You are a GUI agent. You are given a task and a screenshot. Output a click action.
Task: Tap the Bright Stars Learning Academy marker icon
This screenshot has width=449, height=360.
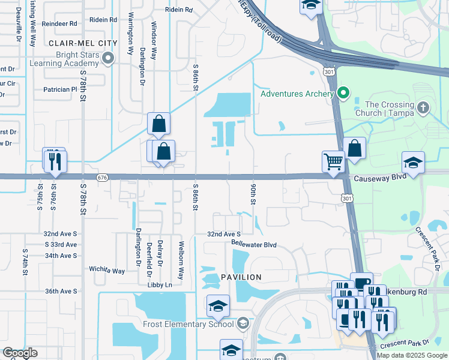[x=108, y=58]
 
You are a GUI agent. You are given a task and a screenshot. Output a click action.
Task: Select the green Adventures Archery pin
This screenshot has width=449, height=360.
[x=343, y=93]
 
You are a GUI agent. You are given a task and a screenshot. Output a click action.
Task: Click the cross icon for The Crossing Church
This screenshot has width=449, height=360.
[x=423, y=108]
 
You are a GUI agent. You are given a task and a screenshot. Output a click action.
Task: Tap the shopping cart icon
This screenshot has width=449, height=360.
[x=333, y=160]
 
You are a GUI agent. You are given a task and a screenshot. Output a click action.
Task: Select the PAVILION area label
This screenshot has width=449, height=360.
[x=241, y=277]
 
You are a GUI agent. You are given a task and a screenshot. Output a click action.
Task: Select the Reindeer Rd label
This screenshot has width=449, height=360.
[x=61, y=24]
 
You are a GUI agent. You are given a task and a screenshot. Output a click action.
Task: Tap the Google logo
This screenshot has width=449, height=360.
[x=20, y=353]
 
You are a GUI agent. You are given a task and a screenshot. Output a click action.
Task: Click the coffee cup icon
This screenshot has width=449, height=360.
[x=361, y=283]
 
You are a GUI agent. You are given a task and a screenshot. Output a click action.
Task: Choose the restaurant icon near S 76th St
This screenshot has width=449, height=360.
[x=55, y=161]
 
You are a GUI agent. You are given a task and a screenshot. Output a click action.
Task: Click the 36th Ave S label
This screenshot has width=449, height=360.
[x=61, y=291]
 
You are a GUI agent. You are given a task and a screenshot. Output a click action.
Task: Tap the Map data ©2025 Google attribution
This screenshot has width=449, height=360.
[x=411, y=355]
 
